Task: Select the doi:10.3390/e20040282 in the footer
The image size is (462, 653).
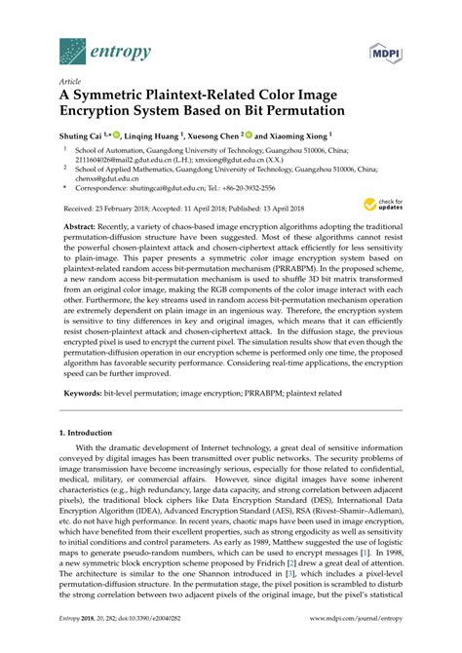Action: click(x=152, y=643)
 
